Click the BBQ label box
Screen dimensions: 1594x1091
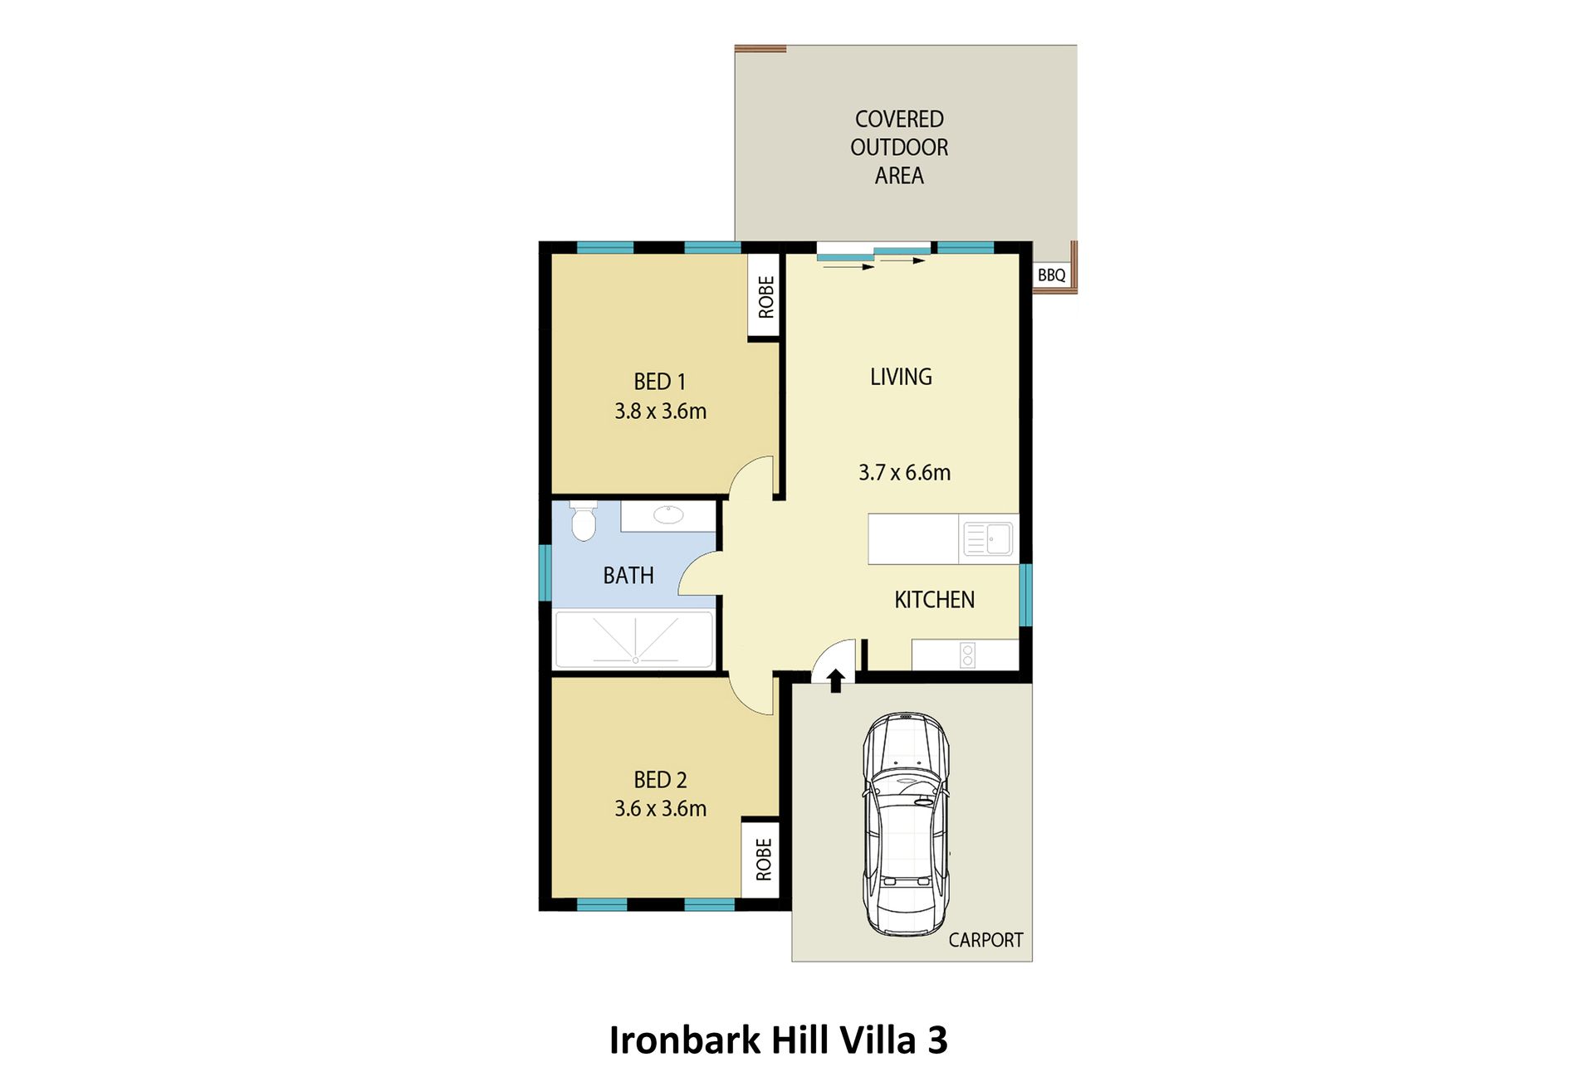[1052, 275]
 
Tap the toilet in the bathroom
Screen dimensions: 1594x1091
[584, 520]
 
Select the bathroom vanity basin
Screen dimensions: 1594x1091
[668, 515]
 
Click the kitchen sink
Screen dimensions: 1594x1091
[988, 539]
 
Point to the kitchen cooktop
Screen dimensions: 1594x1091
[967, 655]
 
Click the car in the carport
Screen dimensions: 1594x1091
[906, 824]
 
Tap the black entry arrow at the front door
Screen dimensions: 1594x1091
[836, 680]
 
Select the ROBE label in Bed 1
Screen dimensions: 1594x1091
[766, 297]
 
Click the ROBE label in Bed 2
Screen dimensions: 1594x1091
[764, 860]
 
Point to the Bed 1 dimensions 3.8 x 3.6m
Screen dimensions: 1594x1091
[661, 412]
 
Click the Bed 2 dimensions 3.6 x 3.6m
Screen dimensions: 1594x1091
[661, 809]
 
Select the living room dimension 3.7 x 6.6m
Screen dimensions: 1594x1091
[905, 473]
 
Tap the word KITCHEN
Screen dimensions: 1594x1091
[935, 600]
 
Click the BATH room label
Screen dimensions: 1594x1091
[628, 576]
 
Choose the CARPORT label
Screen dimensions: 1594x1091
[986, 940]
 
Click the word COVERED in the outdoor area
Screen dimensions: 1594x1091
[899, 119]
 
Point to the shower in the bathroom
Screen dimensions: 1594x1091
[634, 639]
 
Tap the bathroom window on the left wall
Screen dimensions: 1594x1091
[545, 572]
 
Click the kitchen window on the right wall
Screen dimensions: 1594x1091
[1025, 594]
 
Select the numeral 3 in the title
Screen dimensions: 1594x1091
[937, 1040]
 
